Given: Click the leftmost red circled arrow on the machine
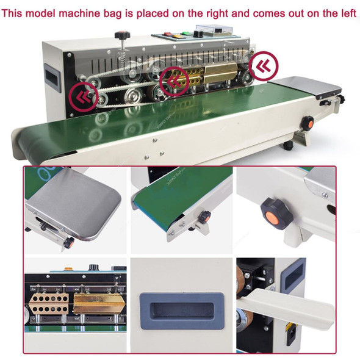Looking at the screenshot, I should point(84,96).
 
